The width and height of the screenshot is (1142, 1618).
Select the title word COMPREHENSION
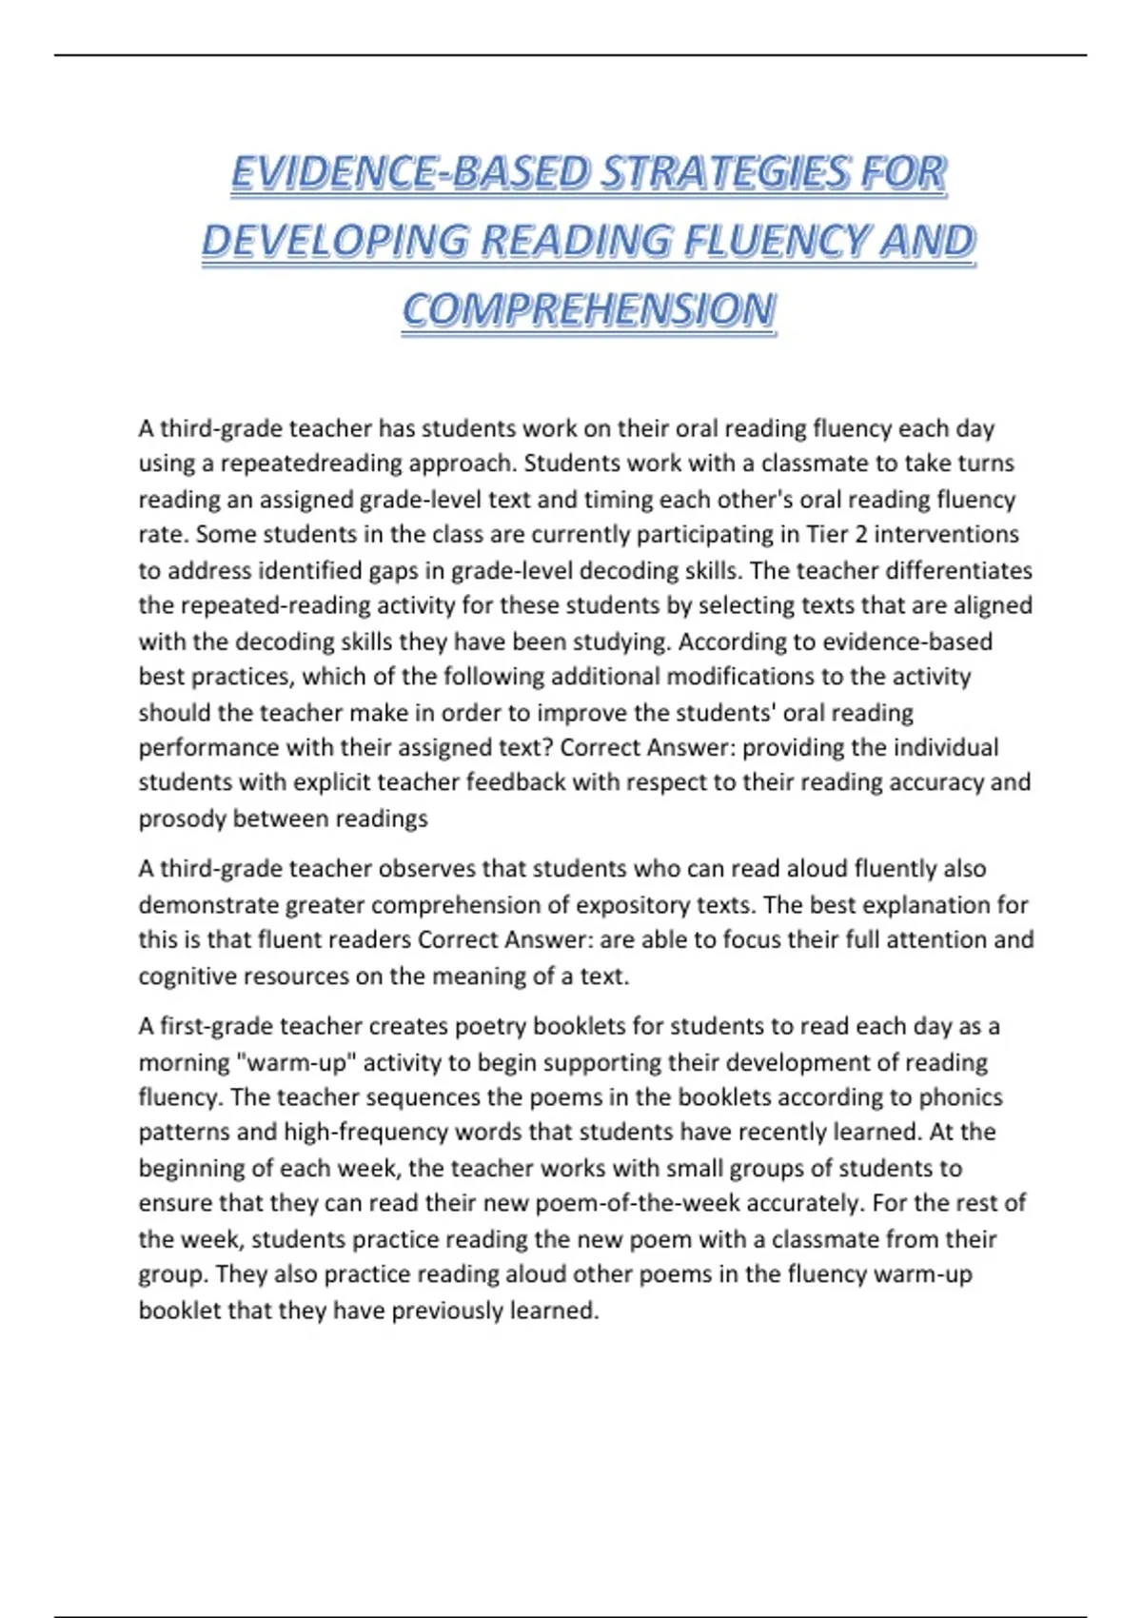coord(589,310)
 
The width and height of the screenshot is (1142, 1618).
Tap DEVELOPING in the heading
coord(335,242)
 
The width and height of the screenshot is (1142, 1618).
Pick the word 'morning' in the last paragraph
coord(183,1062)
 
